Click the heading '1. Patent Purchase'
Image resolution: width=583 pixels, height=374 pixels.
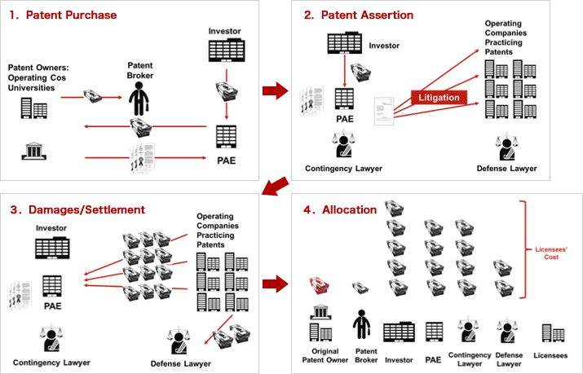pyautogui.click(x=63, y=15)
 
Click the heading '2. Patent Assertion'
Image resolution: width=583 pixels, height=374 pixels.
pyautogui.click(x=359, y=15)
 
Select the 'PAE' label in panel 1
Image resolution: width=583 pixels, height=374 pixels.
pyautogui.click(x=226, y=161)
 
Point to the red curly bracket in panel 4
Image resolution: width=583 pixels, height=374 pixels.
pyautogui.click(x=530, y=249)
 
